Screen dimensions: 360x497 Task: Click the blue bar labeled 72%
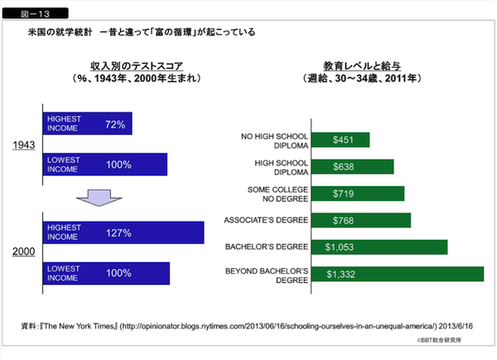[x=87, y=124]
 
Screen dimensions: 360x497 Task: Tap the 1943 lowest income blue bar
[x=105, y=165]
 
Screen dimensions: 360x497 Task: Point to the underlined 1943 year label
[x=23, y=146]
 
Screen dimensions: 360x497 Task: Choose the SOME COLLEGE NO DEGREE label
[x=277, y=194]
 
